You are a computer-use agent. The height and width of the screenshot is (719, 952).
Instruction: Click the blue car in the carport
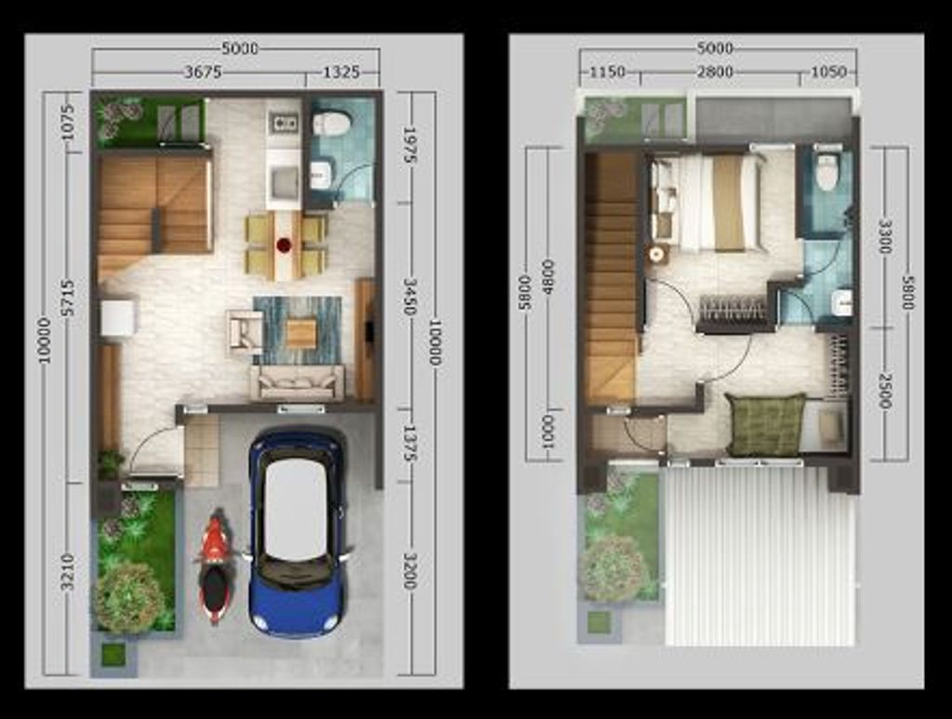click(297, 531)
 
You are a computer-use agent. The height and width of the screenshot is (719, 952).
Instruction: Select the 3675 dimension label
click(203, 73)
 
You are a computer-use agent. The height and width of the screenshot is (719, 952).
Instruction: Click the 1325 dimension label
click(340, 73)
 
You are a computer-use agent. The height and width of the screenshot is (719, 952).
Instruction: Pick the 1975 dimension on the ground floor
click(409, 145)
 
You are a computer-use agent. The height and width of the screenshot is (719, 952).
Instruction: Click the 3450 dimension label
click(410, 298)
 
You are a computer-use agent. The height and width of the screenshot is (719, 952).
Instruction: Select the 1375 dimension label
click(409, 444)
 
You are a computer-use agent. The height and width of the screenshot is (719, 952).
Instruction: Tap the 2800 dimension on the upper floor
click(715, 73)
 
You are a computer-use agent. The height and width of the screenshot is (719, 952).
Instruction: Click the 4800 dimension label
click(548, 277)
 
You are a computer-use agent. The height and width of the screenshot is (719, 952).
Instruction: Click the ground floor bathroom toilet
click(332, 124)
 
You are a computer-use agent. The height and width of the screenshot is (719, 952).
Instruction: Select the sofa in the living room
click(297, 382)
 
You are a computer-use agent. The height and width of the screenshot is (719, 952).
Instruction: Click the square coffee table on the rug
click(301, 333)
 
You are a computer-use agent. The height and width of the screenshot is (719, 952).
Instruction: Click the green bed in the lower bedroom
click(766, 424)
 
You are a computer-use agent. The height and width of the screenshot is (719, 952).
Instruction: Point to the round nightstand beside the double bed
click(656, 255)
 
